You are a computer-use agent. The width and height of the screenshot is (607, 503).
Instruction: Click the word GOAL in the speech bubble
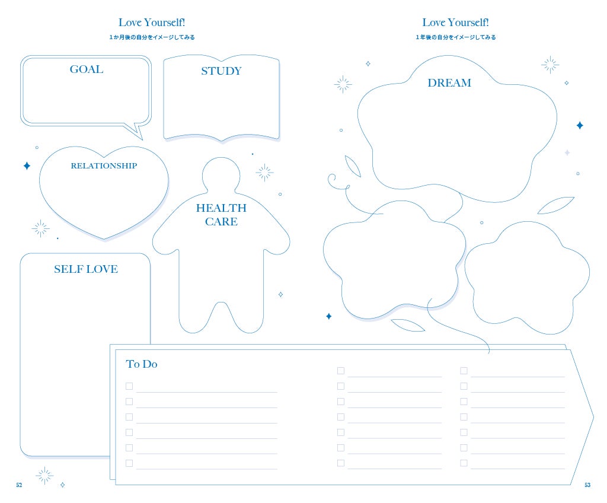point(87,69)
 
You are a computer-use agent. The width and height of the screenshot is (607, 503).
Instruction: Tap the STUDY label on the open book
point(221,71)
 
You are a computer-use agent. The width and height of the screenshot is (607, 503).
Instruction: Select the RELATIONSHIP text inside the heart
point(104,166)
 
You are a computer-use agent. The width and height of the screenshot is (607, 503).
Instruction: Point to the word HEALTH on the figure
point(221,208)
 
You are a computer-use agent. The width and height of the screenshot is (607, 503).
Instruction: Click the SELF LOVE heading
point(86,269)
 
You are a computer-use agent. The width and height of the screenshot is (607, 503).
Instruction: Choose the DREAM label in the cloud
point(449,83)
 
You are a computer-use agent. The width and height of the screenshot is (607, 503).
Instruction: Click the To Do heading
point(142,364)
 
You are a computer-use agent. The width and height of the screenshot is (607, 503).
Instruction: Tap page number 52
point(19,485)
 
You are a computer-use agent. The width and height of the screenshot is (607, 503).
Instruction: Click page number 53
point(587,485)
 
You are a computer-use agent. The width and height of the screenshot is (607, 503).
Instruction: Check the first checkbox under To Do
point(129,386)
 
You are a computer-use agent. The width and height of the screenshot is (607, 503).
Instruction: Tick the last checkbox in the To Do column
point(129,463)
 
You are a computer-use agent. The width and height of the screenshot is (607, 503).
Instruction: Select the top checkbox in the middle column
point(341,371)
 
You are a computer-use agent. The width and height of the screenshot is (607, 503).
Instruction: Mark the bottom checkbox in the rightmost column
point(464,463)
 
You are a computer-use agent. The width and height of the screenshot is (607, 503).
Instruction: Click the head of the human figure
point(221,174)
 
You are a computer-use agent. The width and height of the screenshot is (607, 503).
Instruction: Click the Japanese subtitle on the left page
point(152,37)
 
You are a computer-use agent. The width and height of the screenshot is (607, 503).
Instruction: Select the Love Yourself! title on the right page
point(455,23)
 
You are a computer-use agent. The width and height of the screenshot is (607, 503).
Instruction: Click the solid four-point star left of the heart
point(27,166)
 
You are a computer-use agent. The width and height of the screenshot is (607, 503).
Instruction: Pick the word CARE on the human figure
point(221,222)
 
